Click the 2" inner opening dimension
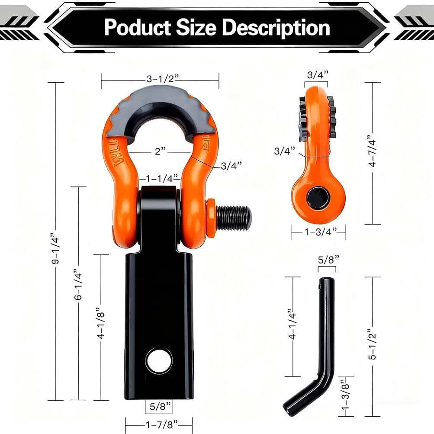pos(160,151)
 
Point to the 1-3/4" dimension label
pos(318,232)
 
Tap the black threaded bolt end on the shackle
pos(233,218)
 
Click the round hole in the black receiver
pos(159,360)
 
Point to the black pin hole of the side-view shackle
pos(318,197)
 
